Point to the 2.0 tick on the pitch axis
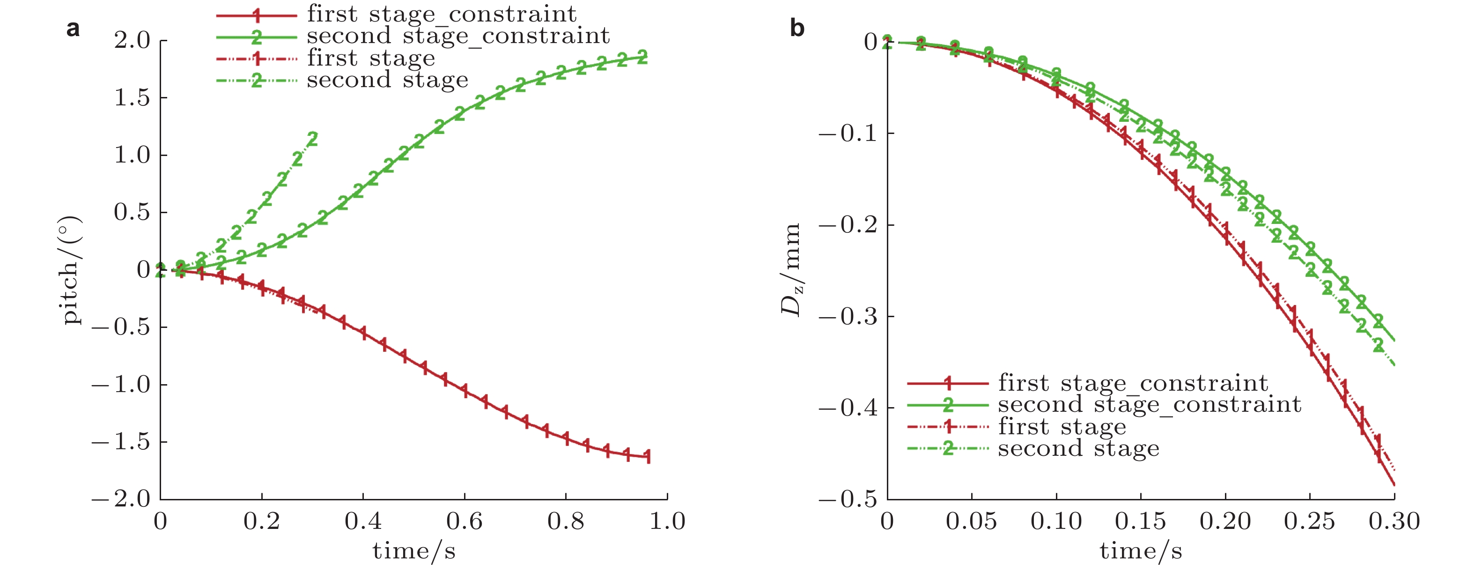coord(132,41)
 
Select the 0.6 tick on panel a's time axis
coord(465,521)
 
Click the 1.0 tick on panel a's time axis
coord(667,521)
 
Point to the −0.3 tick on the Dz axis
coord(848,316)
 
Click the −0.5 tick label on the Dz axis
coord(848,499)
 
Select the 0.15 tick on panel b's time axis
coord(1140,521)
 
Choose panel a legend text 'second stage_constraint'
coord(458,36)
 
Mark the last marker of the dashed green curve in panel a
coord(313,139)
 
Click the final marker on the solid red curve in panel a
coord(648,456)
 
